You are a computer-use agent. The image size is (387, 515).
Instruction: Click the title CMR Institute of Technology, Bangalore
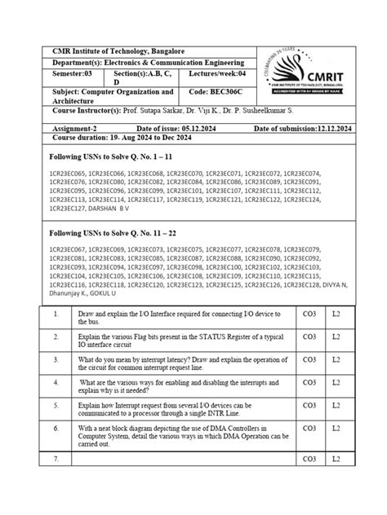coord(119,51)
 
